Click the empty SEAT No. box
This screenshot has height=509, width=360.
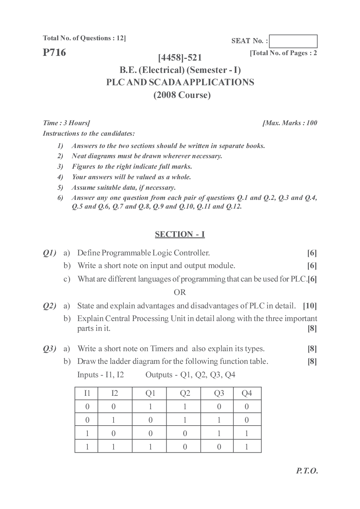click(x=293, y=41)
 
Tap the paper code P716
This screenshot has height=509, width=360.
click(x=54, y=53)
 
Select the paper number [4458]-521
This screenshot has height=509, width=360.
click(x=180, y=57)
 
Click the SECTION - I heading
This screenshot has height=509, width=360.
click(x=180, y=234)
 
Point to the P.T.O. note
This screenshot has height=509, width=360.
click(x=307, y=471)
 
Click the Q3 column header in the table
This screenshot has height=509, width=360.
click(x=219, y=393)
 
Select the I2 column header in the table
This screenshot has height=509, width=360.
click(x=114, y=393)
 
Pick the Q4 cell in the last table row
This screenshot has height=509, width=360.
click(x=247, y=447)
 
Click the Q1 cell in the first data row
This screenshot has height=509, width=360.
click(x=150, y=407)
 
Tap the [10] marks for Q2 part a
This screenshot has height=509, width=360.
click(x=310, y=306)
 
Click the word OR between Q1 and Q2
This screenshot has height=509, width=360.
click(x=180, y=292)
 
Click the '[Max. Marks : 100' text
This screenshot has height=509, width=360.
click(x=290, y=123)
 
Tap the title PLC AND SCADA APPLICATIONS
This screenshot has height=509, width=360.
click(x=180, y=82)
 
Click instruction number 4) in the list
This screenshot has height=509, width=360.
click(x=60, y=177)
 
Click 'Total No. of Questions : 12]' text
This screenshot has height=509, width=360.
click(x=84, y=38)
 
